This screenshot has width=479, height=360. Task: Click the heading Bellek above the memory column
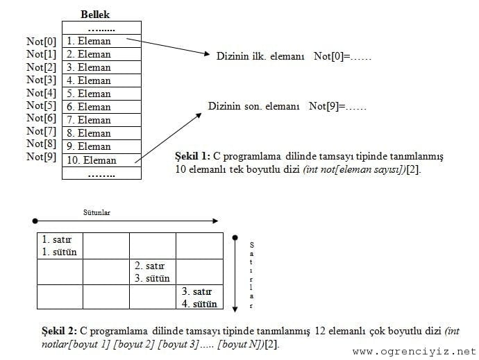[x=95, y=15]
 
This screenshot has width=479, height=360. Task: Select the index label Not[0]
[x=41, y=42]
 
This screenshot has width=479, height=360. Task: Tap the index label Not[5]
[x=41, y=106]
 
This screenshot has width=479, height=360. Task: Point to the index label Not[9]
[x=41, y=157]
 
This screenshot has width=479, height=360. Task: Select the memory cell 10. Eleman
[x=92, y=160]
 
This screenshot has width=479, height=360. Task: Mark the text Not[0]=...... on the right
[x=342, y=55]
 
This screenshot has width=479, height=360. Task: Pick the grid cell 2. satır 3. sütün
[x=152, y=272]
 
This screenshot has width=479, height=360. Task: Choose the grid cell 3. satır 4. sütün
[x=199, y=298]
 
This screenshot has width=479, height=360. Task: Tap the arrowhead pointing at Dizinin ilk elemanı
[x=206, y=55]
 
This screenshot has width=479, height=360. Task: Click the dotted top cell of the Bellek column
[x=101, y=28]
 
